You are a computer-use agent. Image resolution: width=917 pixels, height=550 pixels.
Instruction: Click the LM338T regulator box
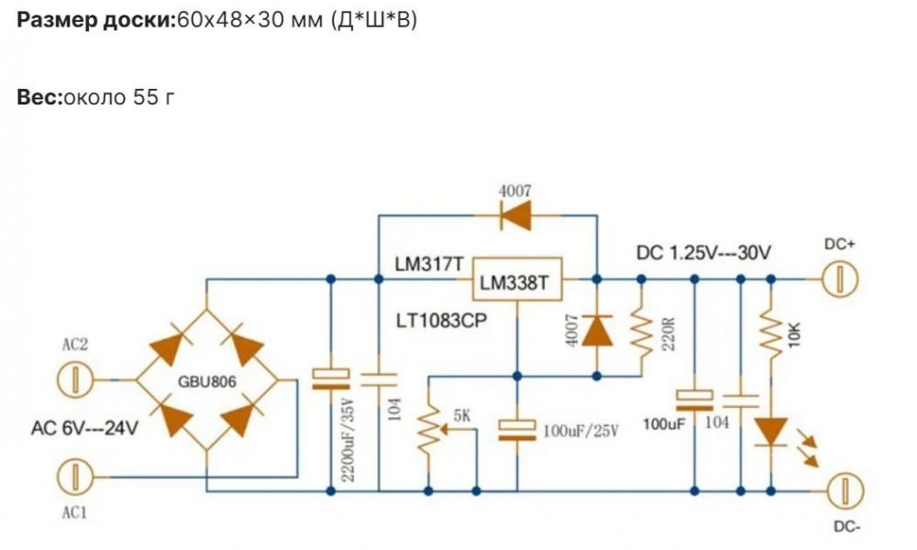(x=517, y=280)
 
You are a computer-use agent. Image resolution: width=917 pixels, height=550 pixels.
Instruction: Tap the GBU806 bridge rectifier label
(x=207, y=381)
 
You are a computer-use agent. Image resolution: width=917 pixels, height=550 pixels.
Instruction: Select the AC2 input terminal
(x=75, y=379)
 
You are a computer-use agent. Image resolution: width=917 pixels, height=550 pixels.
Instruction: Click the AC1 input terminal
(x=75, y=477)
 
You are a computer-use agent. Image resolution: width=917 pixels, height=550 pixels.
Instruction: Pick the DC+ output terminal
(x=840, y=280)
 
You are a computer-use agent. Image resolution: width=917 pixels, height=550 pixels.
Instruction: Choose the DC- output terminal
(x=845, y=491)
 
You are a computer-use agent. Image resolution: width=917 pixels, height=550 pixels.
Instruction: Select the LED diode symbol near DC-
(x=772, y=432)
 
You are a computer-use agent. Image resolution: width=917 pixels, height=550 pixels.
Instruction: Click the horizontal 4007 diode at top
(x=515, y=215)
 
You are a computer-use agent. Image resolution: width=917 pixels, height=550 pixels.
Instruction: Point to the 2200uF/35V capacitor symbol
(x=330, y=379)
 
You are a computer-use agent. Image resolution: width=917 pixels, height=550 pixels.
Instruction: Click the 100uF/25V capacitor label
(x=580, y=432)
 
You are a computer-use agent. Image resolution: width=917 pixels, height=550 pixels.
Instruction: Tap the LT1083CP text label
(x=442, y=320)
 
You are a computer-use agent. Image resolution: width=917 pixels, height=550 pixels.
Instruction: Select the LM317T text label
(x=429, y=264)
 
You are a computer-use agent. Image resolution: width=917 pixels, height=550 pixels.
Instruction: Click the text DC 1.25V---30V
(x=703, y=253)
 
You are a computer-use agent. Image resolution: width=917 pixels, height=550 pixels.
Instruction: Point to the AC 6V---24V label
(x=84, y=428)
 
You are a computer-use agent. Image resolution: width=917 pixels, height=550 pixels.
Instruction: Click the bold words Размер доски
(x=96, y=20)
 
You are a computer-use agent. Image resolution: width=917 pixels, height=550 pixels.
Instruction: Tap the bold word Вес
(x=39, y=96)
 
